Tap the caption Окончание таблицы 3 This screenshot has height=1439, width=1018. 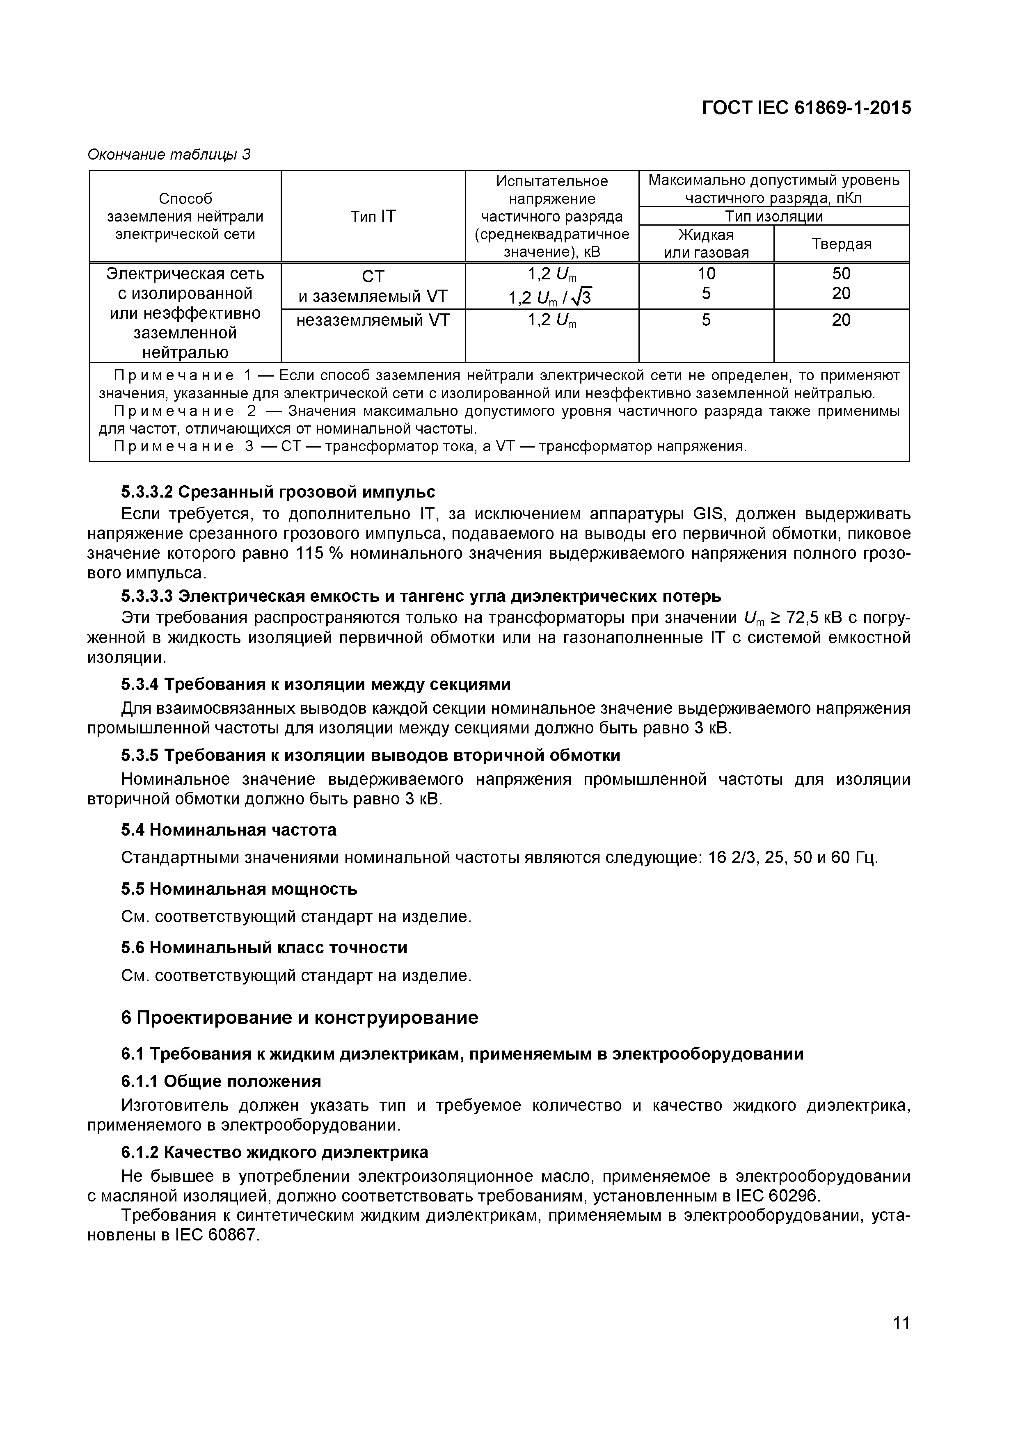click(169, 154)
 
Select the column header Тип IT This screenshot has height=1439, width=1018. click(373, 216)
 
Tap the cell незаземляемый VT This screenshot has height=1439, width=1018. click(373, 320)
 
